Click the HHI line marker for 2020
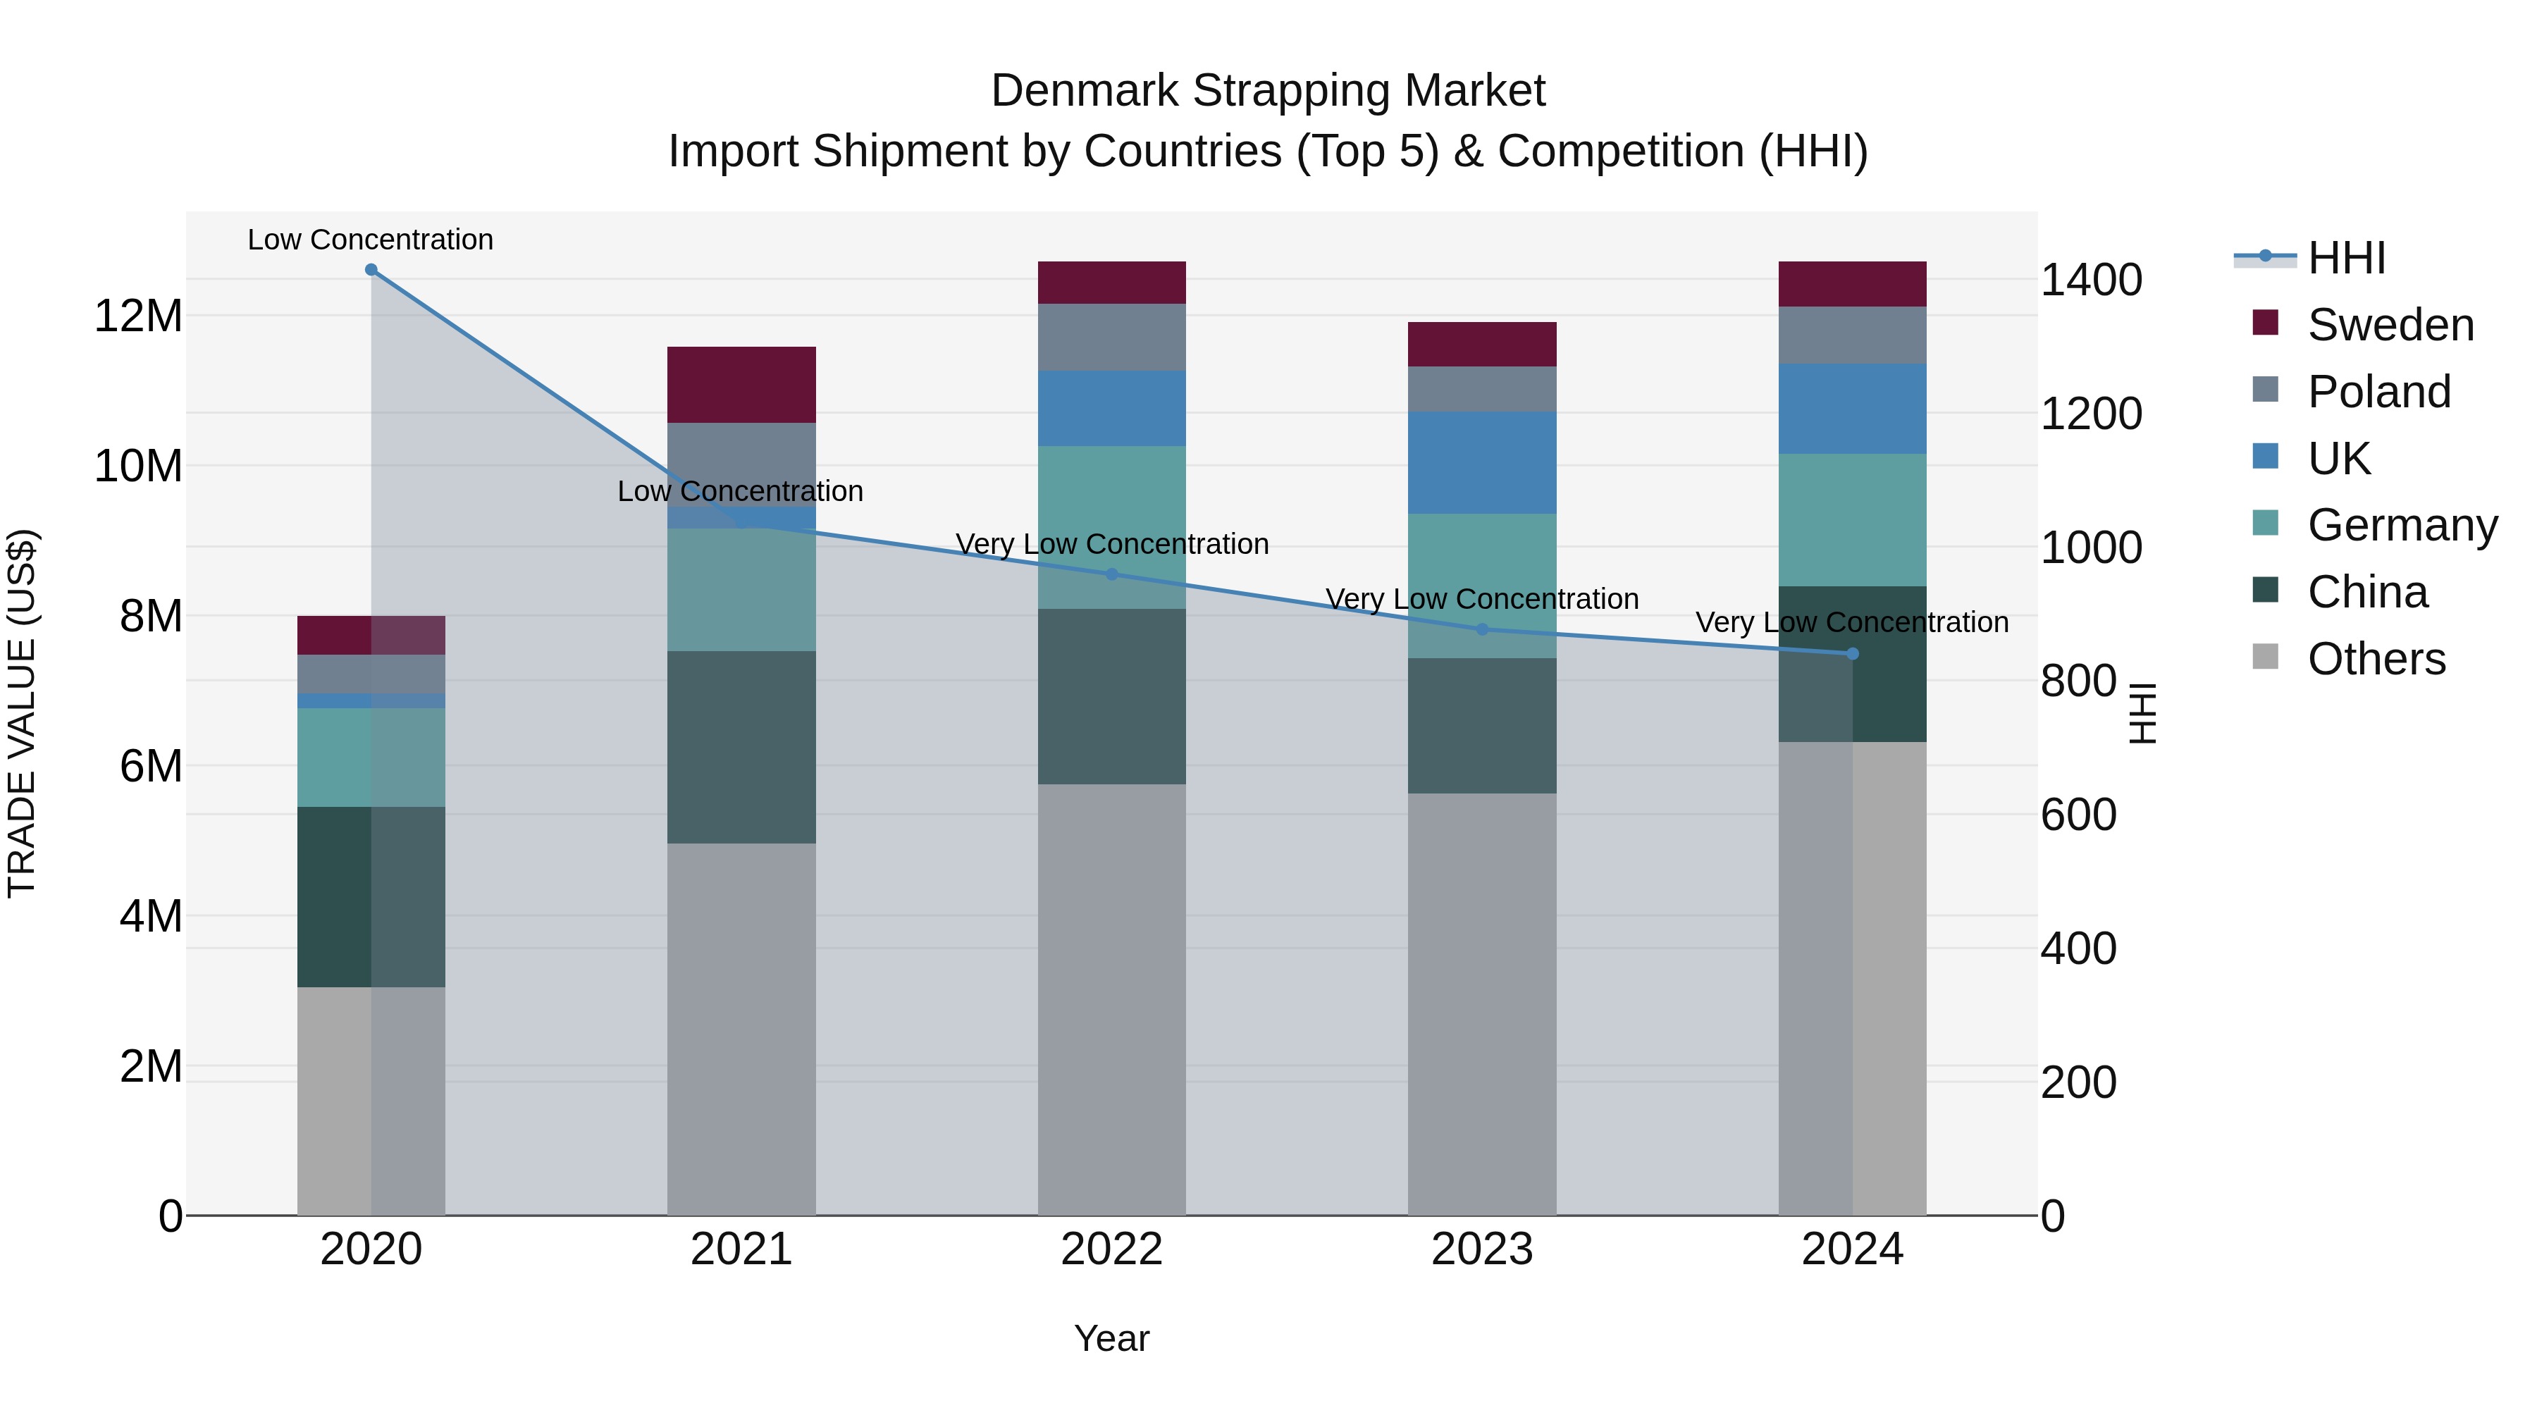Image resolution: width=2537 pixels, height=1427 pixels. pyautogui.click(x=371, y=270)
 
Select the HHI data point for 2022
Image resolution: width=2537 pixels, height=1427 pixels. pyautogui.click(x=1112, y=574)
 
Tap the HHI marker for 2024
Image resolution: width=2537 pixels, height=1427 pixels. pyautogui.click(x=1853, y=654)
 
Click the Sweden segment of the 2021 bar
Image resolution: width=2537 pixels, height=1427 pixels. pyautogui.click(x=741, y=384)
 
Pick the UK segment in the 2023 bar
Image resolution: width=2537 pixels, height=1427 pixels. pyautogui.click(x=1482, y=463)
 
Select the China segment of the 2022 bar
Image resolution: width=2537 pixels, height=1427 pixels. pyautogui.click(x=1112, y=696)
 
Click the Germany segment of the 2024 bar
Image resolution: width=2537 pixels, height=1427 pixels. pyautogui.click(x=1853, y=520)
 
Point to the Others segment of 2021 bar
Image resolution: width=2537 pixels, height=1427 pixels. pyautogui.click(x=741, y=1029)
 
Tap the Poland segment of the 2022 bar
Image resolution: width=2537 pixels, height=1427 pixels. pyautogui.click(x=1112, y=337)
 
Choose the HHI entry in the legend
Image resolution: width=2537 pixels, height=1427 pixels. pyautogui.click(x=2346, y=258)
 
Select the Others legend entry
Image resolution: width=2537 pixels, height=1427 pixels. pyautogui.click(x=2376, y=659)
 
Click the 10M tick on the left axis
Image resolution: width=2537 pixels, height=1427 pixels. pyautogui.click(x=138, y=466)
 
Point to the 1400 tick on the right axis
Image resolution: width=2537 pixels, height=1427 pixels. pyautogui.click(x=2090, y=280)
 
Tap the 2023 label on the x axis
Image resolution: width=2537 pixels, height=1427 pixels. pyautogui.click(x=1482, y=1249)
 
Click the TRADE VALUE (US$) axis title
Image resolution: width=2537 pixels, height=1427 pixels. pyautogui.click(x=22, y=713)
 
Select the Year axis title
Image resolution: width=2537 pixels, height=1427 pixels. pyautogui.click(x=1112, y=1338)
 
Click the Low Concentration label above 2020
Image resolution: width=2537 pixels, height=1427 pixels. pyautogui.click(x=370, y=240)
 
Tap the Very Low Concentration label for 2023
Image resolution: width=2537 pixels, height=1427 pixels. pyautogui.click(x=1482, y=599)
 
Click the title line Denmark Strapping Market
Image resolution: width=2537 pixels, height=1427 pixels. pyautogui.click(x=1268, y=91)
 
